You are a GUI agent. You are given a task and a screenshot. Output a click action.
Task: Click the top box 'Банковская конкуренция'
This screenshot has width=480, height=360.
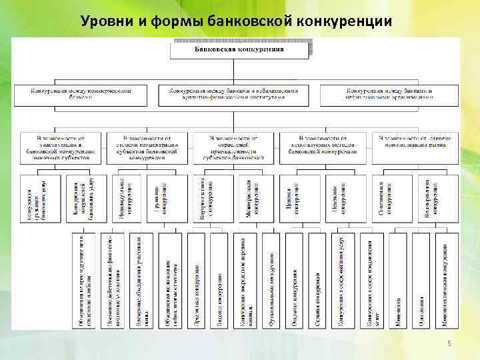239,49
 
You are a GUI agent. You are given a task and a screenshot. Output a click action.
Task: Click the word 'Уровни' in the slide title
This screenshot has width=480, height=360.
107,21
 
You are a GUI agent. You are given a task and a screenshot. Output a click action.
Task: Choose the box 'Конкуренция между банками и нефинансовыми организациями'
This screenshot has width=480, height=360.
390,94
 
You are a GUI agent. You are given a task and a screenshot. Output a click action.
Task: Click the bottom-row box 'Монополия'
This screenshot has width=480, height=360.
397,280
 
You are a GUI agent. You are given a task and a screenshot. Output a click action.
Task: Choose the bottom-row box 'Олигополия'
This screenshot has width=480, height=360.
421,280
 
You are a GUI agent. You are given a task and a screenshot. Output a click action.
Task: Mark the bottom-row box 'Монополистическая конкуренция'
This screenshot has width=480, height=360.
445,280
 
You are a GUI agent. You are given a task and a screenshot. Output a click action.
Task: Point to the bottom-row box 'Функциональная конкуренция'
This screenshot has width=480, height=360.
271,280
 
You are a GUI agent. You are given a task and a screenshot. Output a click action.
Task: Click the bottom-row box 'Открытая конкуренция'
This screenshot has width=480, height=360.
294,280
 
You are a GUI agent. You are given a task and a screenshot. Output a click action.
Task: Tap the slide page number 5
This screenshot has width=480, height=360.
449,343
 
